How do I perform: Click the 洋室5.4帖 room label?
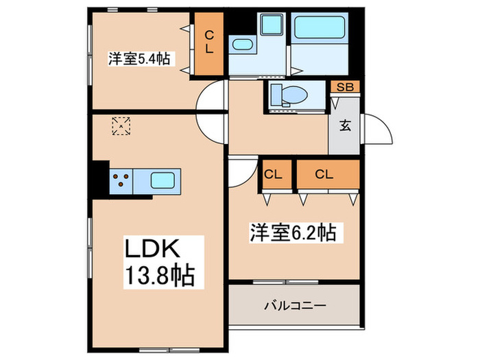click(139, 59)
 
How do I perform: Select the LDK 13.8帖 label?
click(158, 263)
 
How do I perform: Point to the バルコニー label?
click(295, 304)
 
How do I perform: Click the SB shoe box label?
click(345, 87)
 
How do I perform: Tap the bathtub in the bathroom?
click(322, 30)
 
